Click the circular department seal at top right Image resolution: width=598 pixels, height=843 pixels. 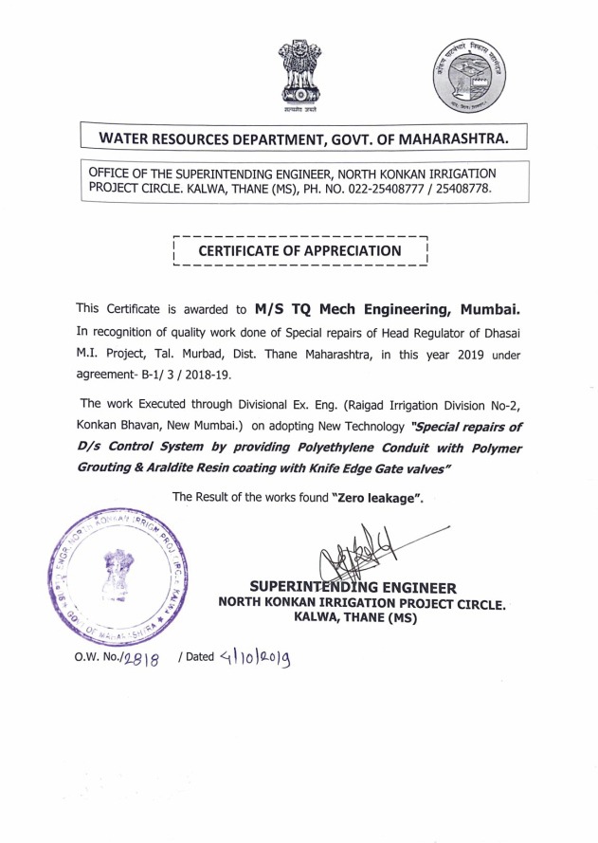(x=463, y=77)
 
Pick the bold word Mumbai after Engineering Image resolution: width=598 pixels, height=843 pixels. (x=490, y=309)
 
